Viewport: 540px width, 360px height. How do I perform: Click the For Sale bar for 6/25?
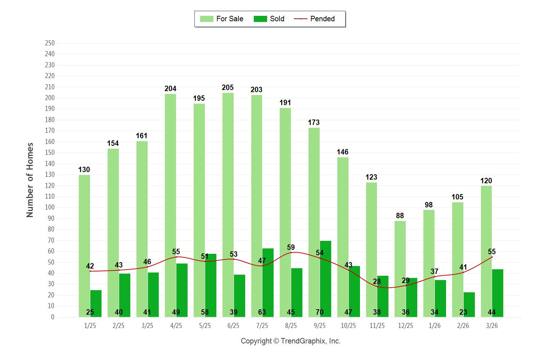pos(228,205)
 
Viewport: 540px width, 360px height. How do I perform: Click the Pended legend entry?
pos(314,19)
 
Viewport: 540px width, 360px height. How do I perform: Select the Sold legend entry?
pos(269,19)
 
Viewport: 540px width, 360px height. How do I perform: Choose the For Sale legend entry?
pos(222,19)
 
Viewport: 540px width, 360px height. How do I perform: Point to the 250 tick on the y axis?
pos(50,43)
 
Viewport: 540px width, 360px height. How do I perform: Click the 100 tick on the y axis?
pos(50,207)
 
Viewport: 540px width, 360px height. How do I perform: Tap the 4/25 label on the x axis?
pos(176,326)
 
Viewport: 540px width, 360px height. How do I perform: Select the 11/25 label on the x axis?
pos(377,326)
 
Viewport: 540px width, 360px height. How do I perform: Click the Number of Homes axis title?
pos(30,180)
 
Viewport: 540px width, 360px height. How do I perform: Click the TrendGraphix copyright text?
pos(291,341)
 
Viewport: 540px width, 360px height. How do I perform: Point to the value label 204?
pos(170,89)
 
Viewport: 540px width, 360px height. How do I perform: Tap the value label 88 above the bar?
pos(400,216)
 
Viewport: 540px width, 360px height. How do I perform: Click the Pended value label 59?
pos(291,247)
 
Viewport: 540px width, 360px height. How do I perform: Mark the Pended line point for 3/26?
pos(492,257)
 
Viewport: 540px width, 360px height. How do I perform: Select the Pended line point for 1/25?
pos(90,271)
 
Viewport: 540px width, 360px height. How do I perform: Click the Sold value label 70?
pos(320,312)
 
